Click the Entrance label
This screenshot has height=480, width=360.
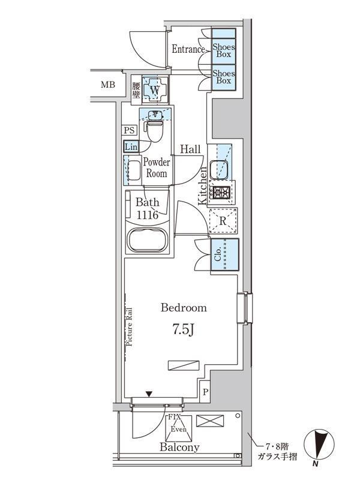(x=188, y=49)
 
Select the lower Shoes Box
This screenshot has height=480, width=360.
(x=224, y=77)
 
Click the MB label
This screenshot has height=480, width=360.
(x=107, y=85)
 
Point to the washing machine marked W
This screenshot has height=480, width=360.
(x=154, y=91)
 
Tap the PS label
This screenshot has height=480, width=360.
(x=130, y=130)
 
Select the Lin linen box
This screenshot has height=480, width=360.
(x=130, y=146)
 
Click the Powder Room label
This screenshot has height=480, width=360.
(x=157, y=168)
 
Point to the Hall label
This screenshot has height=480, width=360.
(x=190, y=149)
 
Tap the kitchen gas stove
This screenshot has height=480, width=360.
(x=222, y=193)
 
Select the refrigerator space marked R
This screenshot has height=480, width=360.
(x=223, y=220)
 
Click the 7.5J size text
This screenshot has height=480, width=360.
(x=184, y=331)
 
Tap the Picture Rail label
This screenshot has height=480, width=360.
(x=130, y=326)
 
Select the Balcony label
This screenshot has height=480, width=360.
(x=179, y=448)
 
